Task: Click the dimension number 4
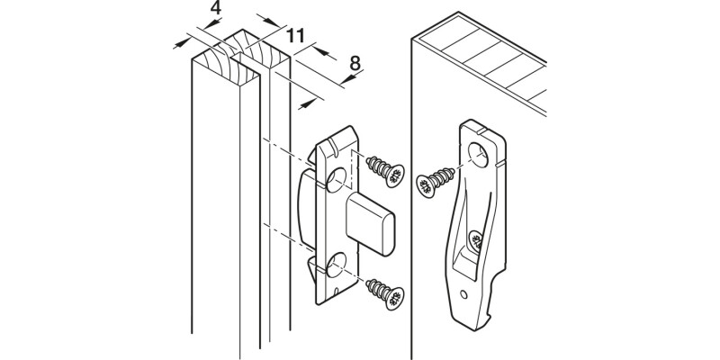(x=215, y=8)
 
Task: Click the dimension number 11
(x=295, y=35)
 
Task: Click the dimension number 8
(x=355, y=63)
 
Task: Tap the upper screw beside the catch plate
(x=385, y=171)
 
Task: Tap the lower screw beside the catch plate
(x=385, y=293)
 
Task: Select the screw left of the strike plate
(x=435, y=183)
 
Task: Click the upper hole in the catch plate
(x=337, y=179)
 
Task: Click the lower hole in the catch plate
(x=337, y=265)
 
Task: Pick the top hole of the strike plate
(x=478, y=155)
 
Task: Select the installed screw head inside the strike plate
(x=476, y=240)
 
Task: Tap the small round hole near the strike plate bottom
(x=464, y=294)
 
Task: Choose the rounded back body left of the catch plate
(x=308, y=209)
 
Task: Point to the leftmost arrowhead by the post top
(x=182, y=43)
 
